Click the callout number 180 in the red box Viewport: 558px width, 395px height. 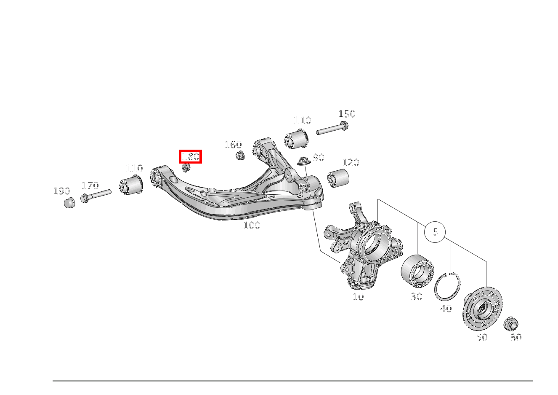pos(191,156)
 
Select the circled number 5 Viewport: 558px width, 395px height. pos(435,232)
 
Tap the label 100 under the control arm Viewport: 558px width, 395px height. pos(252,225)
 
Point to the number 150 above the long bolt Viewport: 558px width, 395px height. pos(347,114)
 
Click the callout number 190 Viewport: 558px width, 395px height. pos(62,191)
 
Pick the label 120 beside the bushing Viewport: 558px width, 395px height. pos(351,162)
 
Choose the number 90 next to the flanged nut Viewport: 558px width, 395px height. pos(319,157)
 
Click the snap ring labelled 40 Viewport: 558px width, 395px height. pos(447,287)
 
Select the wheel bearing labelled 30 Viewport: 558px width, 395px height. pos(417,271)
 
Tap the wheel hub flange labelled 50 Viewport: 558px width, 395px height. pos(482,309)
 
